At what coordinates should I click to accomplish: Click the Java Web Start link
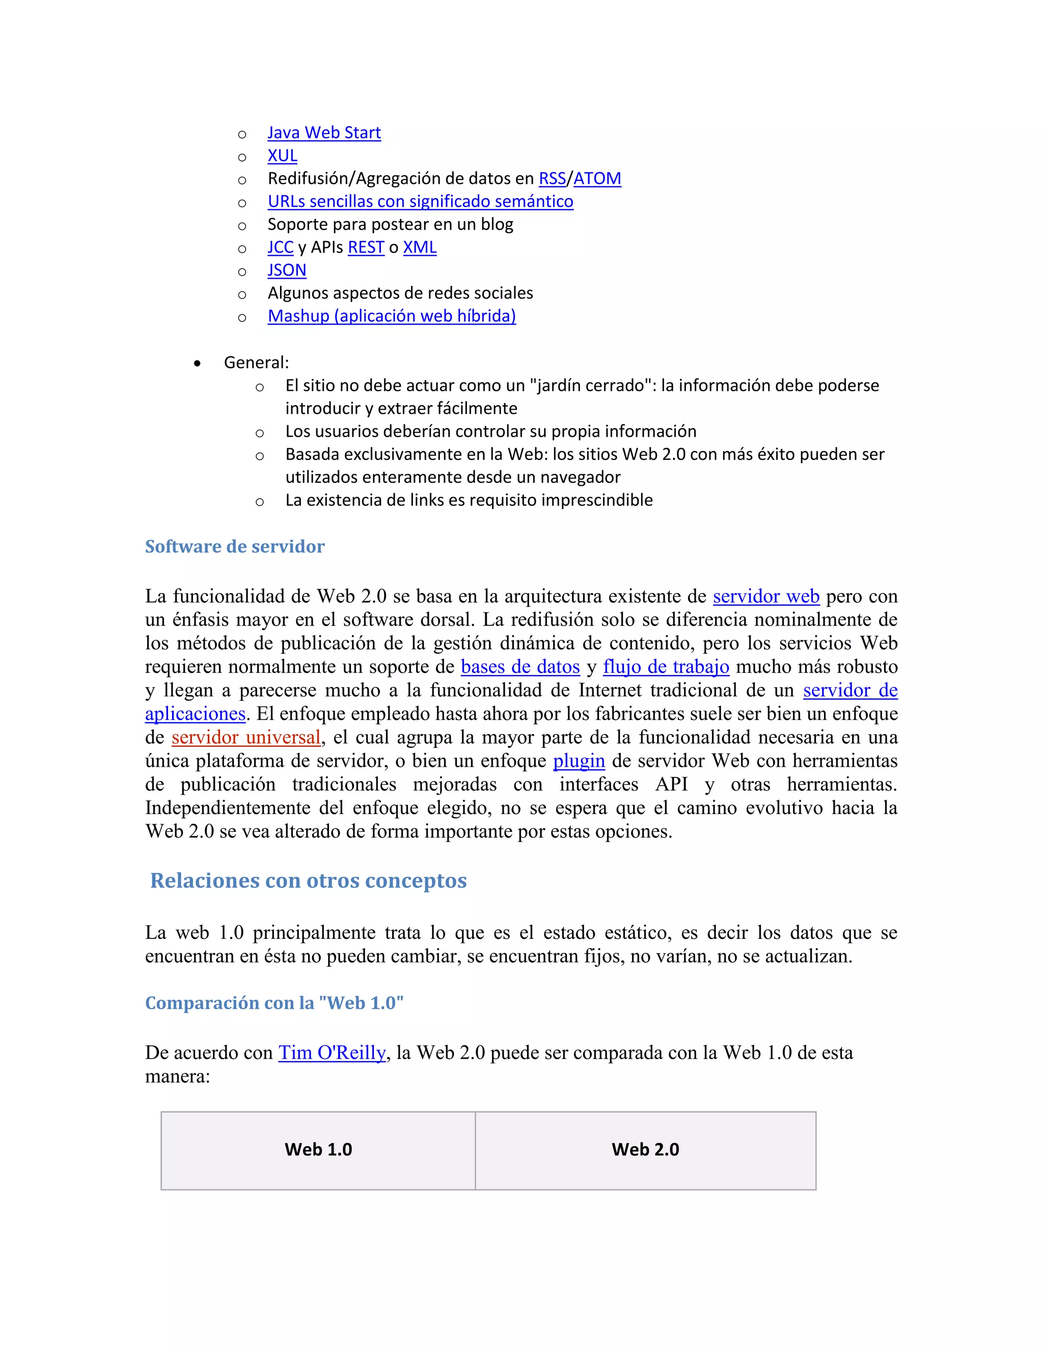324,133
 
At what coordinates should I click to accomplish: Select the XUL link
282,156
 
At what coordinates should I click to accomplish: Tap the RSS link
552,179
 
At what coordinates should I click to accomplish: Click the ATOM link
597,179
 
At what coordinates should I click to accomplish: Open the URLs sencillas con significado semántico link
420,202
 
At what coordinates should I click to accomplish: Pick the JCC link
280,247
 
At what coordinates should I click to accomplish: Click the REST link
366,247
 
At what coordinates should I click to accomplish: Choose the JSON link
287,270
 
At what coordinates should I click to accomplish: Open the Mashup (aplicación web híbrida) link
392,316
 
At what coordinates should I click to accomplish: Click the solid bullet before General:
197,363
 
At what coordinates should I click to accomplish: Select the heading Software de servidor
235,547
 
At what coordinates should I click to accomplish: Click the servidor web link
765,597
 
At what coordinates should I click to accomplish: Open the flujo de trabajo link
666,667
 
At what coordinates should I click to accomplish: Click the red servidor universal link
246,738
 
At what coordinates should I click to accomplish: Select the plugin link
579,761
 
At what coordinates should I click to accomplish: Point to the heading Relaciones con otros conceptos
308,880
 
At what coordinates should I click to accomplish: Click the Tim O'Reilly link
332,1052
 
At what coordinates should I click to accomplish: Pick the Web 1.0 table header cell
318,1150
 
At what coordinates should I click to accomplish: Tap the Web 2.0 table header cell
645,1150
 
